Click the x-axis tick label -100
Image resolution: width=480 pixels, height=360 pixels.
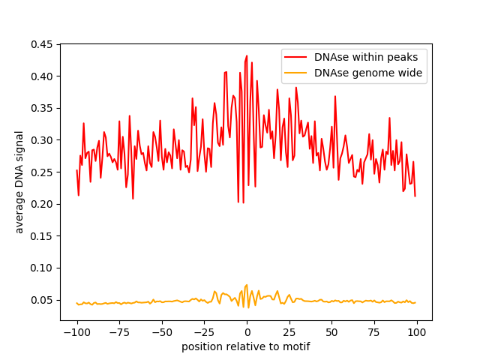[76, 332]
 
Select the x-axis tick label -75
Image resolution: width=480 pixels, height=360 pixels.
[119, 332]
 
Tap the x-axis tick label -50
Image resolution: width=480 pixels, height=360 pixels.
[162, 332]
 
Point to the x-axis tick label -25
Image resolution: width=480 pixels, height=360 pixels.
[204, 332]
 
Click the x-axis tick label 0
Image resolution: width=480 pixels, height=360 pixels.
[247, 332]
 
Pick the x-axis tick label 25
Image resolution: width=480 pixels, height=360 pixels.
[289, 332]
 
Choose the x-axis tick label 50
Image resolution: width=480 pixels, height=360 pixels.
[331, 332]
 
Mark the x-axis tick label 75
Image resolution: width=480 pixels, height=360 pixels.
[374, 332]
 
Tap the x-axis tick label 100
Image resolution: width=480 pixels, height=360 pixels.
[417, 332]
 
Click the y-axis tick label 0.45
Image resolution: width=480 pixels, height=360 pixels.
[42, 45]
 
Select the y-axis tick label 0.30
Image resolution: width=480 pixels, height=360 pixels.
[42, 140]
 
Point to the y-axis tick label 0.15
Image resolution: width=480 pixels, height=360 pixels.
[42, 236]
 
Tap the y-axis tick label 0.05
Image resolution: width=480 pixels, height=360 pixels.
[42, 300]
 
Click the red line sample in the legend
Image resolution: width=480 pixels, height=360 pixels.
[296, 56]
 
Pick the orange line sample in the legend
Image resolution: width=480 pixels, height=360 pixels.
[296, 73]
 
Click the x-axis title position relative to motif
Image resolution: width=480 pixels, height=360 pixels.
[246, 346]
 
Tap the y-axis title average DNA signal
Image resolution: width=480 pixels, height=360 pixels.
[19, 181]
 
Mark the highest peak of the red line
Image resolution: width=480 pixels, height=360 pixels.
[247, 55]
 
